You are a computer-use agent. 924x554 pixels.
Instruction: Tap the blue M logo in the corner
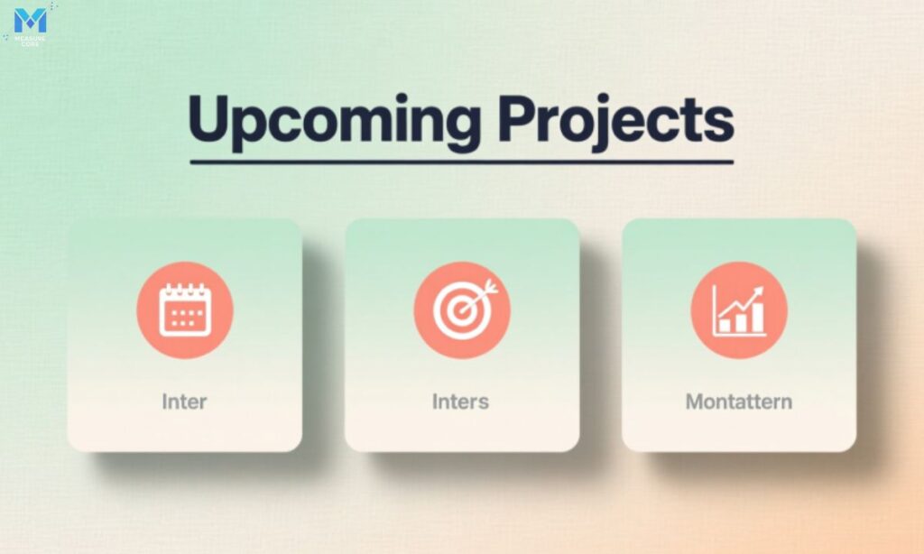(30, 21)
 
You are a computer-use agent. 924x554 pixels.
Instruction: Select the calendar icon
(185, 310)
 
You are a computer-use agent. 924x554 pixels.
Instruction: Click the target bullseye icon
(461, 310)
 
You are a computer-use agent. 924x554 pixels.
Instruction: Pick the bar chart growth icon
(739, 310)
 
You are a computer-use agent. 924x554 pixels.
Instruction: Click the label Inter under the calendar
(184, 401)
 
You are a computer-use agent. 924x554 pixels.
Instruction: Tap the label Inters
(460, 401)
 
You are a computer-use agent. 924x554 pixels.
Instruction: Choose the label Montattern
(739, 401)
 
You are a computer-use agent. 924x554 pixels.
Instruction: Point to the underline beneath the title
(461, 162)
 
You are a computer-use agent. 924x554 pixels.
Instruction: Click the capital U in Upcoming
(210, 116)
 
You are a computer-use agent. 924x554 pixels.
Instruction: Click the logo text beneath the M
(30, 40)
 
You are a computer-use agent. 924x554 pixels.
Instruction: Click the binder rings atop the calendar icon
(185, 288)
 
